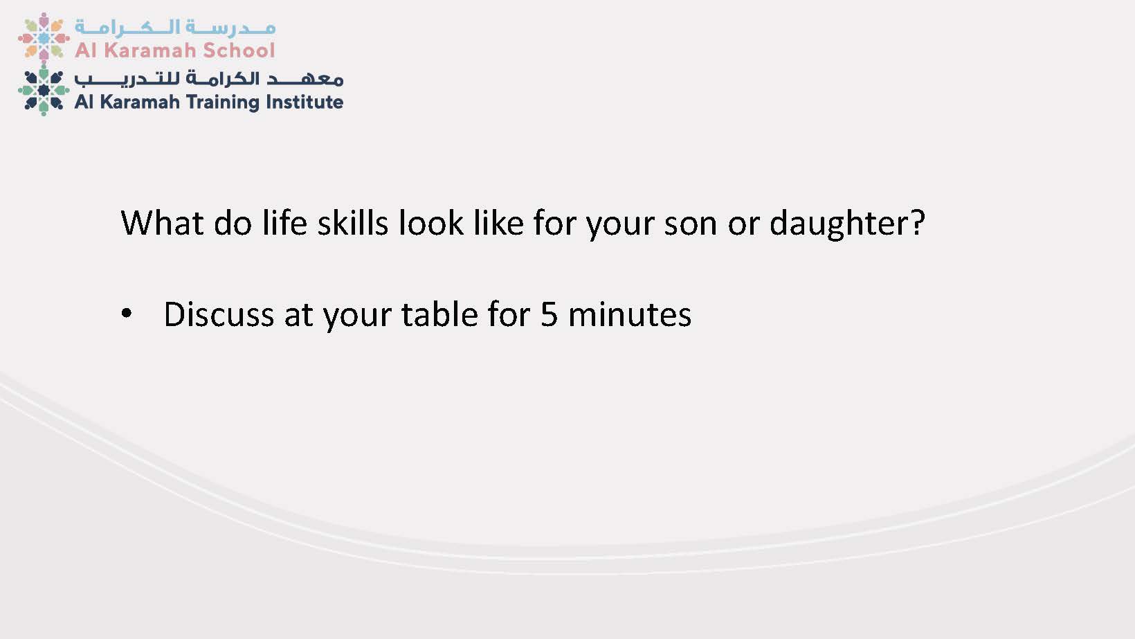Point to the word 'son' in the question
(x=691, y=226)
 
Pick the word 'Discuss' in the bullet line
(x=219, y=314)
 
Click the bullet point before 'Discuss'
(x=126, y=313)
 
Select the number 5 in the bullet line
(x=550, y=315)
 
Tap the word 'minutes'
(x=630, y=315)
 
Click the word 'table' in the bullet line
(x=440, y=314)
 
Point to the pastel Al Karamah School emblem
(x=44, y=37)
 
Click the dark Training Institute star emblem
(x=44, y=90)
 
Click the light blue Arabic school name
(x=175, y=28)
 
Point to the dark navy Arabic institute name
(x=209, y=78)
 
